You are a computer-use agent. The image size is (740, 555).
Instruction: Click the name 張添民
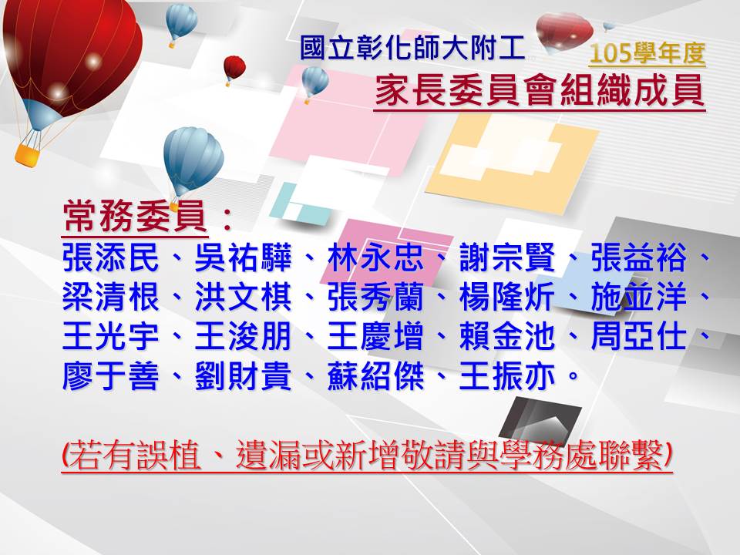pos(110,257)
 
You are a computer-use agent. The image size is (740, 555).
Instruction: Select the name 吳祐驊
pos(243,257)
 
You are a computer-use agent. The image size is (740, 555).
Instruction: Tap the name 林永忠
pos(375,257)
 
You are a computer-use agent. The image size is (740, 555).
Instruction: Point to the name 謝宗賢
pos(507,257)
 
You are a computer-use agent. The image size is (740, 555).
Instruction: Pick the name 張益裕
pos(639,257)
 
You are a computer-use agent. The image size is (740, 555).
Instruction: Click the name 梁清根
pos(110,298)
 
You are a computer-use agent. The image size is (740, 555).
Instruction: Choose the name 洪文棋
pos(243,298)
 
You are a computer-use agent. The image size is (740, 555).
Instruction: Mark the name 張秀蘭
pos(375,298)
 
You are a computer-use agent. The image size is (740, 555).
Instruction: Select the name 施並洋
pos(639,298)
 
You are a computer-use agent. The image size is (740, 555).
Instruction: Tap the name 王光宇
pos(110,337)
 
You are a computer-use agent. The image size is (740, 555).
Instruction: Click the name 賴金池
pos(507,337)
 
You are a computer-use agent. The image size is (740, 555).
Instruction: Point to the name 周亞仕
pos(639,337)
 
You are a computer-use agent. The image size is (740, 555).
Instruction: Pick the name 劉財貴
pos(243,376)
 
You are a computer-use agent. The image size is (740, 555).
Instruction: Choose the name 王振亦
pos(507,376)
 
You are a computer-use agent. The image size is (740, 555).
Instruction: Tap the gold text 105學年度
pos(647,53)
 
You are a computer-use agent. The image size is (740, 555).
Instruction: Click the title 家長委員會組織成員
pos(540,91)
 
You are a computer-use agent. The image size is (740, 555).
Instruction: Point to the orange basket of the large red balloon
pos(28,154)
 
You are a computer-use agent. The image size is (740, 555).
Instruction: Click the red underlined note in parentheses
pos(367,456)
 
